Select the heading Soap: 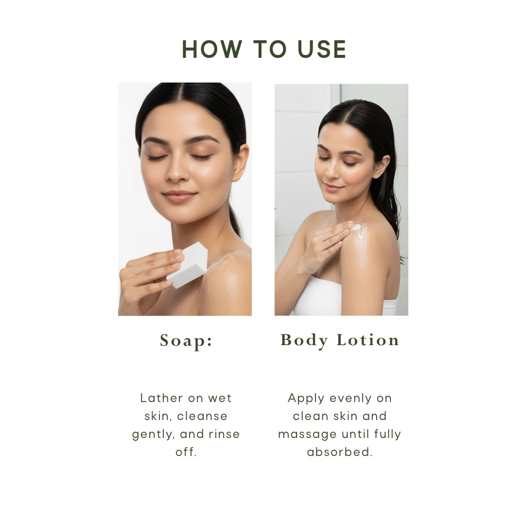(x=186, y=341)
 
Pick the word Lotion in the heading (x=368, y=340)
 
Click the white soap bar (x=189, y=265)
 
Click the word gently (x=153, y=434)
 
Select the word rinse (x=224, y=434)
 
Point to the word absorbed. (x=339, y=452)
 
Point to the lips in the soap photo (x=180, y=196)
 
